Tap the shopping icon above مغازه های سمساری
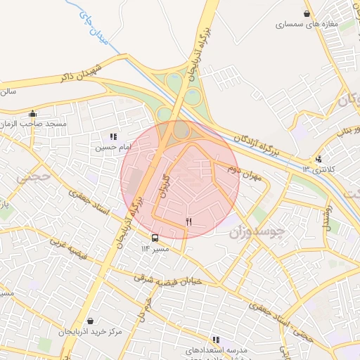pos(306,13)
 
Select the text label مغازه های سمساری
pos(309,25)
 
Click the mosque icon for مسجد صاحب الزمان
pos(32,113)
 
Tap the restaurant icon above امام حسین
pos(112,136)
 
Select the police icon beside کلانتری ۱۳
pos(319,159)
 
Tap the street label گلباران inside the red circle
pos(166,186)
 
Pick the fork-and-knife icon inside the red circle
pos(188,221)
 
